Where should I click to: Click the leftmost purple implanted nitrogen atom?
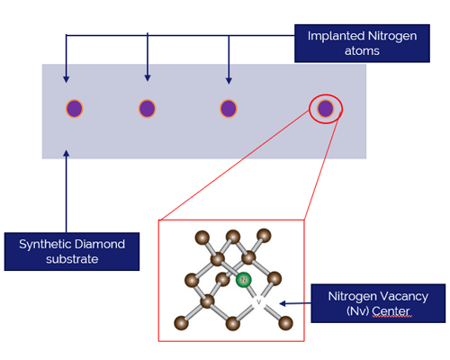coord(75,109)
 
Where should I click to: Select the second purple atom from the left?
coord(148,109)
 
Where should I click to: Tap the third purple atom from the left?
coord(229,109)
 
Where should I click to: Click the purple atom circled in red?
coord(326,109)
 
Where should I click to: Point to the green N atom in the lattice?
coord(243,280)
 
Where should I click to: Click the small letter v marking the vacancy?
coord(259,301)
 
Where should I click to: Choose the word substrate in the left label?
coord(72,259)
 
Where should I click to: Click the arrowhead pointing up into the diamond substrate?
coord(67,155)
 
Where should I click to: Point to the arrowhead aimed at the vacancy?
coord(283,304)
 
